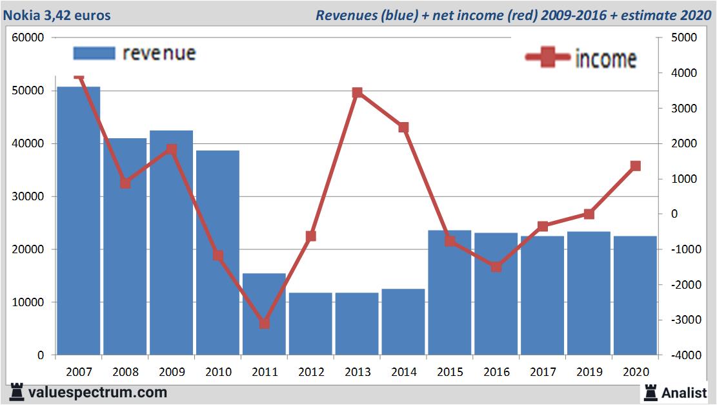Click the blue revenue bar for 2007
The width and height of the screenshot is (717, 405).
(79, 220)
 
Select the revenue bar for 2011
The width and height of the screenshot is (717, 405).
(264, 314)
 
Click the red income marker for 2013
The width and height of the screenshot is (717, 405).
(358, 92)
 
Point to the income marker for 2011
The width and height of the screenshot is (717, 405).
(264, 323)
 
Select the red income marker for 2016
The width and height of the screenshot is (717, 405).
(496, 266)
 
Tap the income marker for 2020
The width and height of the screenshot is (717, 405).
(635, 166)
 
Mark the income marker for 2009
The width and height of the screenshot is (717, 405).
(171, 149)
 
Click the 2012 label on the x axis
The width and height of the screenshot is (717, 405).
(311, 372)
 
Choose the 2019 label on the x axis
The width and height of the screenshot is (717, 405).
(589, 372)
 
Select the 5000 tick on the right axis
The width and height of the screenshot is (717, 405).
(682, 37)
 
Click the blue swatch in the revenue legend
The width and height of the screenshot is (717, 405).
(94, 53)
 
